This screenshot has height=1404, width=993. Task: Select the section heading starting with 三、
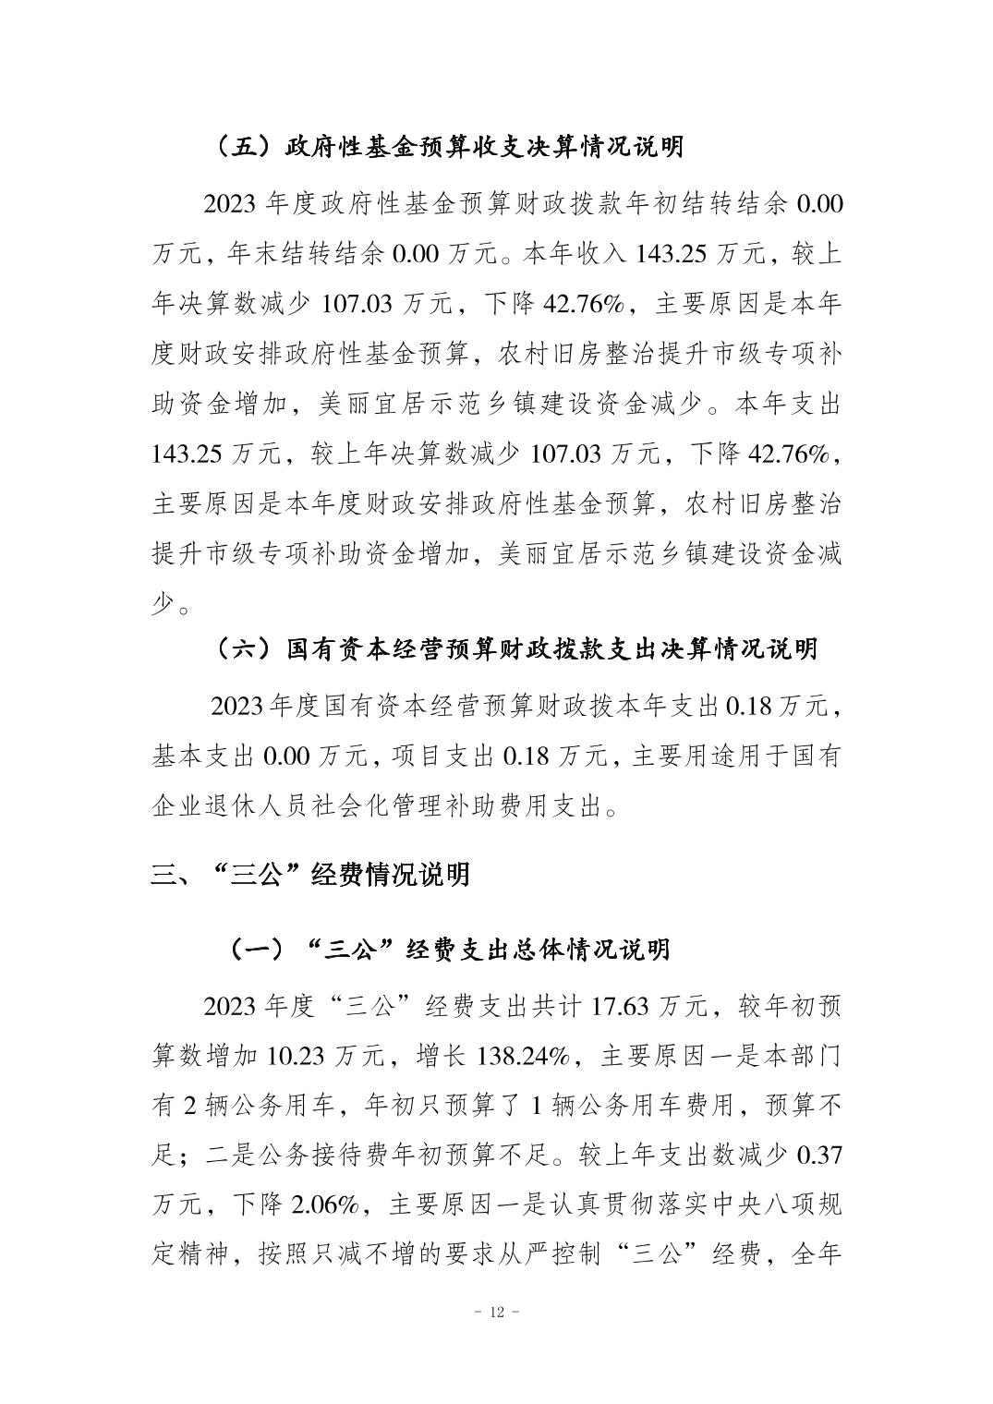point(310,874)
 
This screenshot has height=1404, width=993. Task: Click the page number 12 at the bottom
point(497,1313)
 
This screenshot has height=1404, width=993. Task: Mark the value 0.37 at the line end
point(819,1156)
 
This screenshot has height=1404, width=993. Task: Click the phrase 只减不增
point(394,1255)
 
